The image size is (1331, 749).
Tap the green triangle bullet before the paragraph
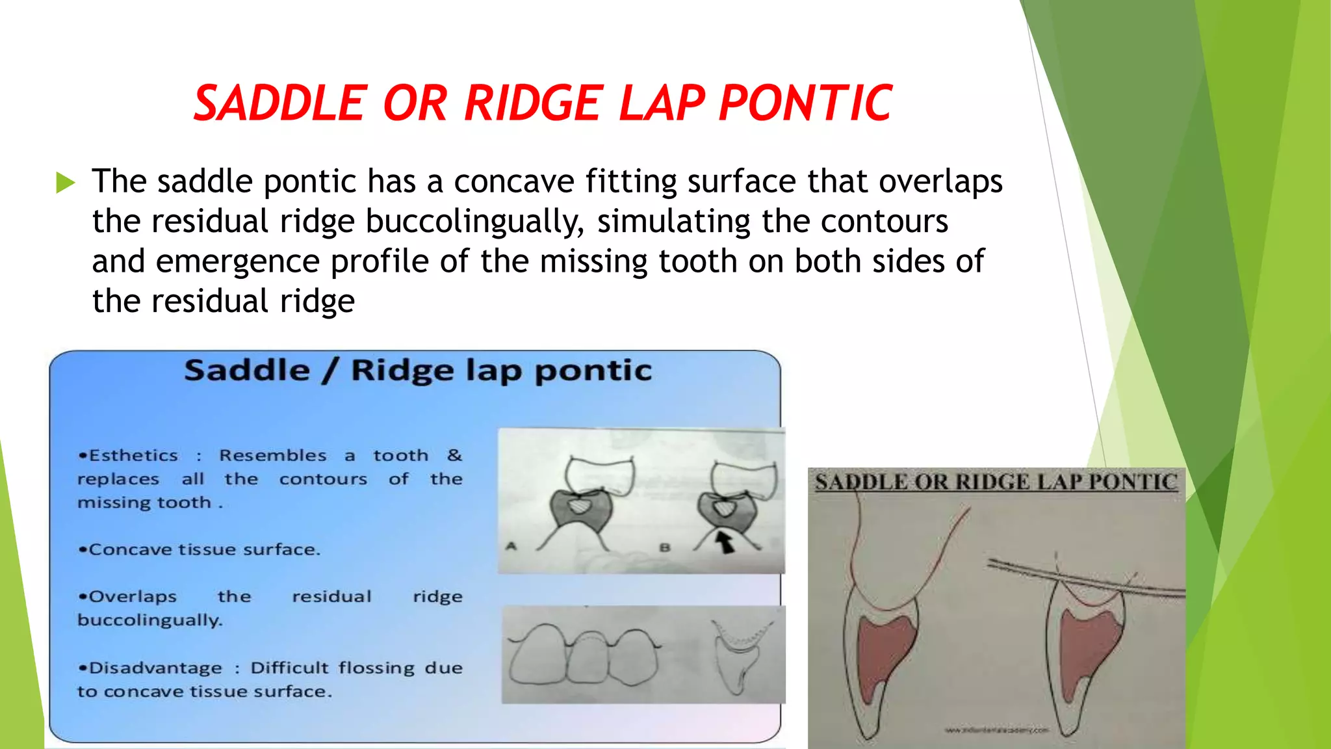[66, 183]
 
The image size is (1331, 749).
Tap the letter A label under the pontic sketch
[511, 546]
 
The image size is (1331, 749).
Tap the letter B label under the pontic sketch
[664, 547]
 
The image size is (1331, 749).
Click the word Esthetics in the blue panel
[133, 455]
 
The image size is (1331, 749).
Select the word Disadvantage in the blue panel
[155, 668]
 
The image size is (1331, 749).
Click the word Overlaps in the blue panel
[133, 596]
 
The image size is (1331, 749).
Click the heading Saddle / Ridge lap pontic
[418, 370]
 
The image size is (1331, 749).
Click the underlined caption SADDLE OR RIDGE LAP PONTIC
[996, 482]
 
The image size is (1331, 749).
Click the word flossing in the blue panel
[376, 668]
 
